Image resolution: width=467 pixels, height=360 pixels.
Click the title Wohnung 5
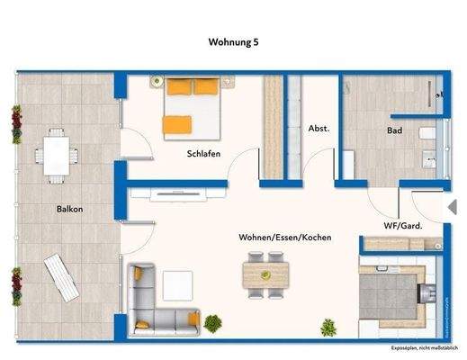pyautogui.click(x=233, y=41)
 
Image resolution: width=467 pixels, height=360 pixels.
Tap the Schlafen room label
pyautogui.click(x=204, y=154)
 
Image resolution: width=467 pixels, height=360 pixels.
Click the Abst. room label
pyautogui.click(x=319, y=129)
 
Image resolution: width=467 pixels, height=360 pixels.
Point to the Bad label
pyautogui.click(x=394, y=130)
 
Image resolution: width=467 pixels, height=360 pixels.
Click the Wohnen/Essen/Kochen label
pyautogui.click(x=285, y=237)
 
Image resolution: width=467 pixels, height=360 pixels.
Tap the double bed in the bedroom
pyautogui.click(x=192, y=106)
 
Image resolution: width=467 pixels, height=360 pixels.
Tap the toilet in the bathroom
pyautogui.click(x=428, y=135)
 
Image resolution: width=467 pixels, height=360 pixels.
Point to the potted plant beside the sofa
pyautogui.click(x=213, y=321)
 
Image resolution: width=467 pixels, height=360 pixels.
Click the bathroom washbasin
pyautogui.click(x=428, y=165)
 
